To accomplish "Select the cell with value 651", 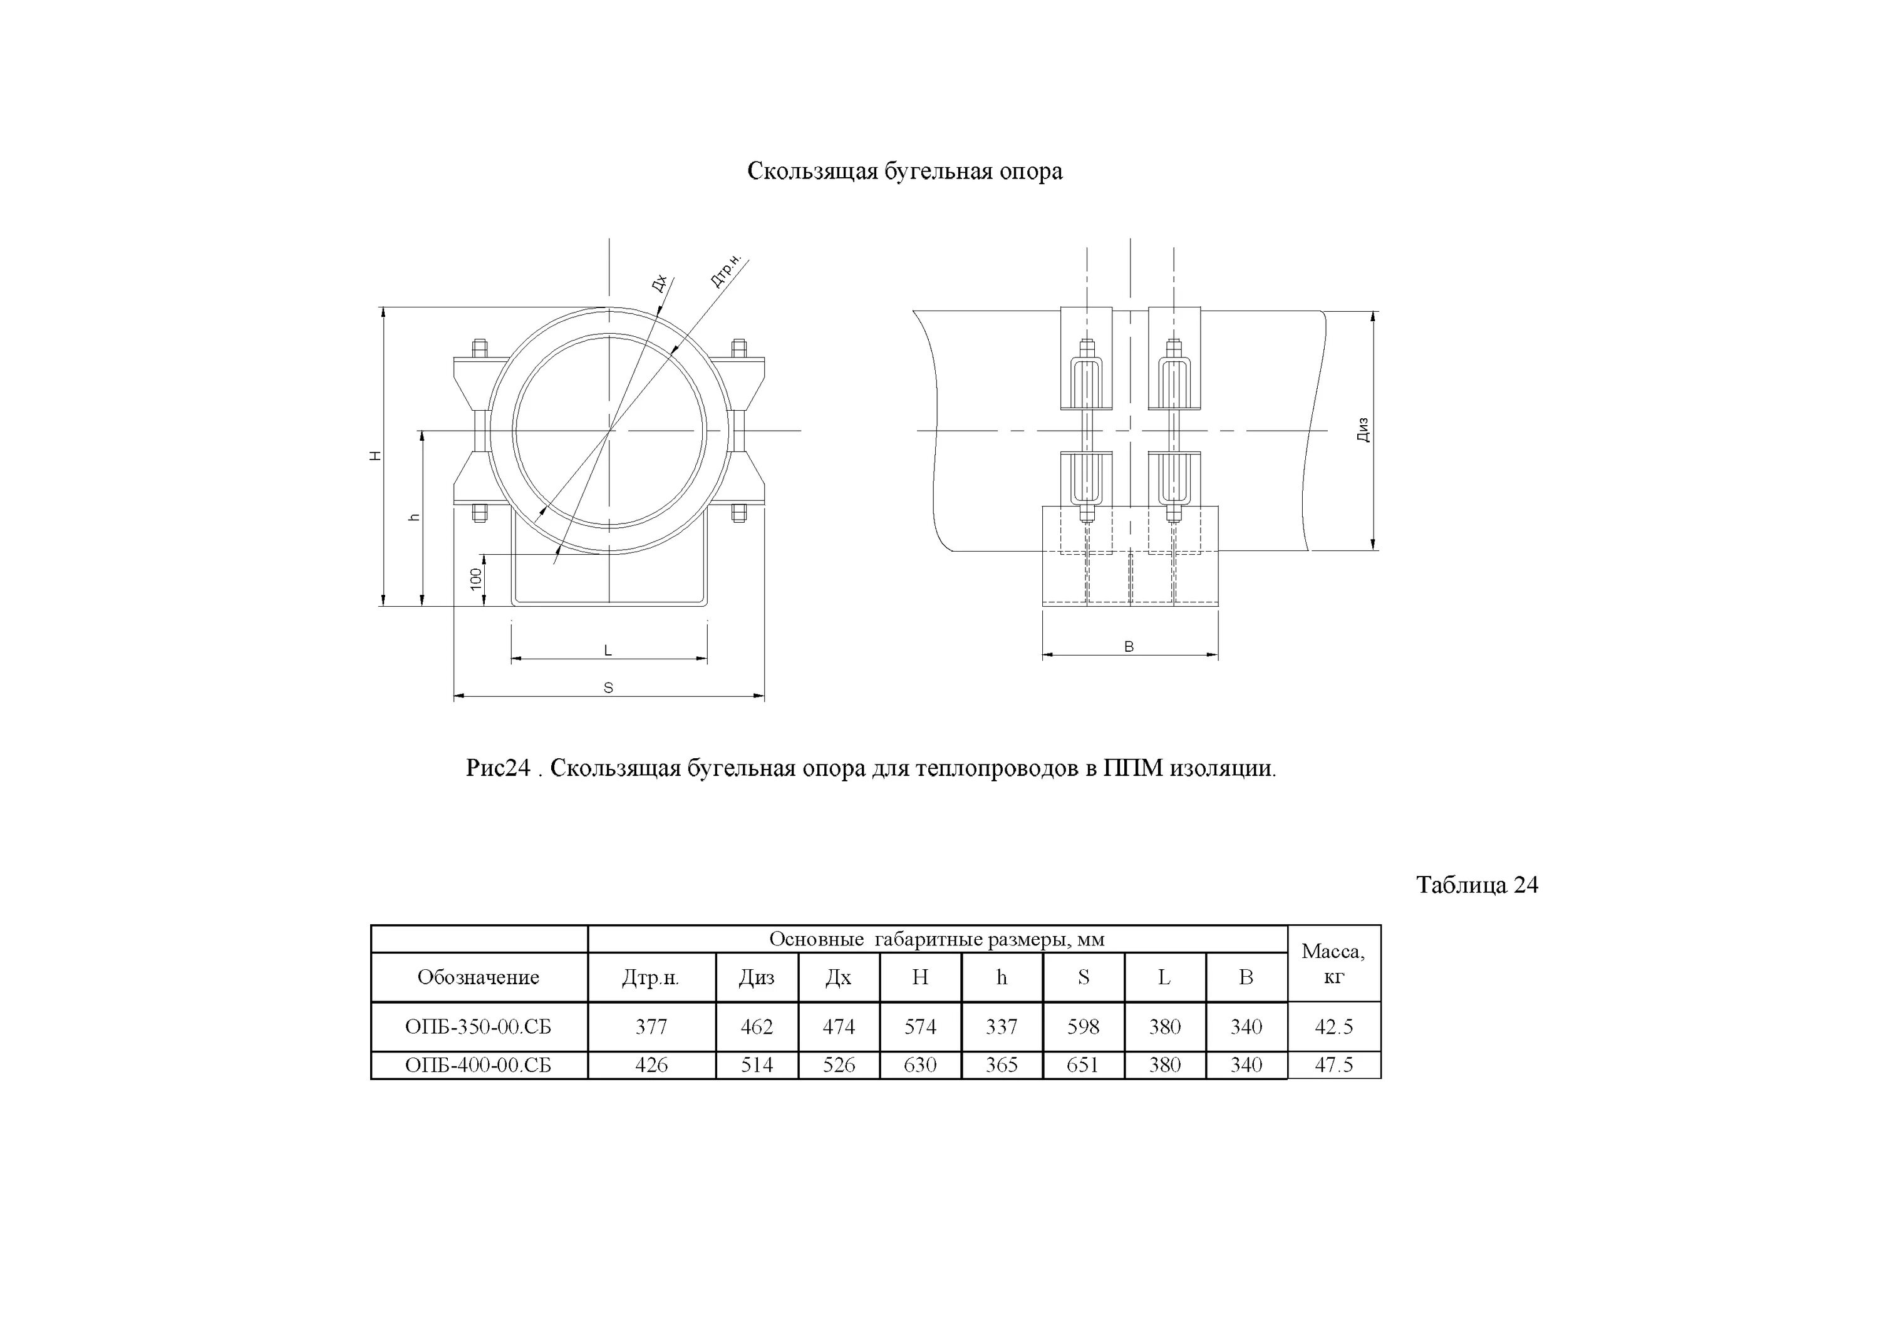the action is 1083,1064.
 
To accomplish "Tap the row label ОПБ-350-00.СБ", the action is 478,1026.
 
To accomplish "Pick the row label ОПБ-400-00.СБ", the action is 478,1064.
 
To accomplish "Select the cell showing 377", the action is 651,1026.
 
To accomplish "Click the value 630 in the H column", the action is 920,1064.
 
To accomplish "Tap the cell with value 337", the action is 1001,1026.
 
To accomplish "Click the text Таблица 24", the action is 1476,885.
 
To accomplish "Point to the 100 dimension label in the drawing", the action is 476,580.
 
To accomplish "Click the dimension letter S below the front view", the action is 608,688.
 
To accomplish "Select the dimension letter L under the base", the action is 608,651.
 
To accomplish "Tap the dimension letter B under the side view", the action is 1129,646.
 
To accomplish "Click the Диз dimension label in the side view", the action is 1362,430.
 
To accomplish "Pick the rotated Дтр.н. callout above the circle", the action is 725,271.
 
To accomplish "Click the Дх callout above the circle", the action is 659,283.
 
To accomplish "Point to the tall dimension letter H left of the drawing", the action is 376,456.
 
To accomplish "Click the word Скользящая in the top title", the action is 812,171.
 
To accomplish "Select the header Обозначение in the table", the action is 478,977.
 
